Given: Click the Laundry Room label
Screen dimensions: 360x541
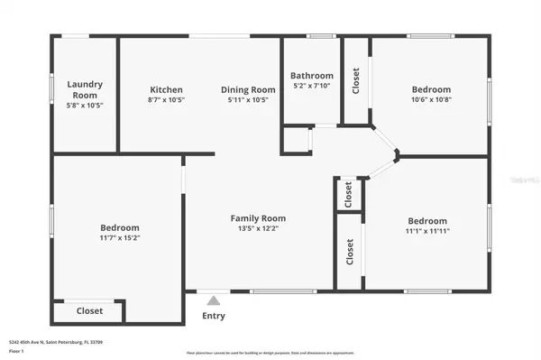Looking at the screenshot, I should click(x=85, y=88).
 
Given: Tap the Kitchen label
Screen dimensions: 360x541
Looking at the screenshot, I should click(x=166, y=89).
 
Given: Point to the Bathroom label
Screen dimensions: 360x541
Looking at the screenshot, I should click(x=312, y=76).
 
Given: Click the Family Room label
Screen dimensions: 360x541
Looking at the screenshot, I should click(x=258, y=218).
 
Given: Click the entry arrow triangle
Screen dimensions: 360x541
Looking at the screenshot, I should click(x=214, y=301).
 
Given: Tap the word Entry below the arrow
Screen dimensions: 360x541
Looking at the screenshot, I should click(x=214, y=316).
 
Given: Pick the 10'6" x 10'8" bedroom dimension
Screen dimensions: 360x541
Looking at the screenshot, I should click(x=432, y=99).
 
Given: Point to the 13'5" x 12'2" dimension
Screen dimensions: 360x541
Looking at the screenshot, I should click(x=258, y=228).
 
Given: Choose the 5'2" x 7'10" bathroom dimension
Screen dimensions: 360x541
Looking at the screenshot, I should click(x=312, y=86).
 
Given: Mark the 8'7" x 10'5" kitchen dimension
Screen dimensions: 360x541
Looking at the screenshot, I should click(x=166, y=99).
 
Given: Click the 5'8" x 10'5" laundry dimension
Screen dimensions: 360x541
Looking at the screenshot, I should click(x=85, y=104).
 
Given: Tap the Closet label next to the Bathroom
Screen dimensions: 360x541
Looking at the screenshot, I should click(x=356, y=79).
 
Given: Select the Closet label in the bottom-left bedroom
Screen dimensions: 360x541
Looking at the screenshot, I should click(x=89, y=310).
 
